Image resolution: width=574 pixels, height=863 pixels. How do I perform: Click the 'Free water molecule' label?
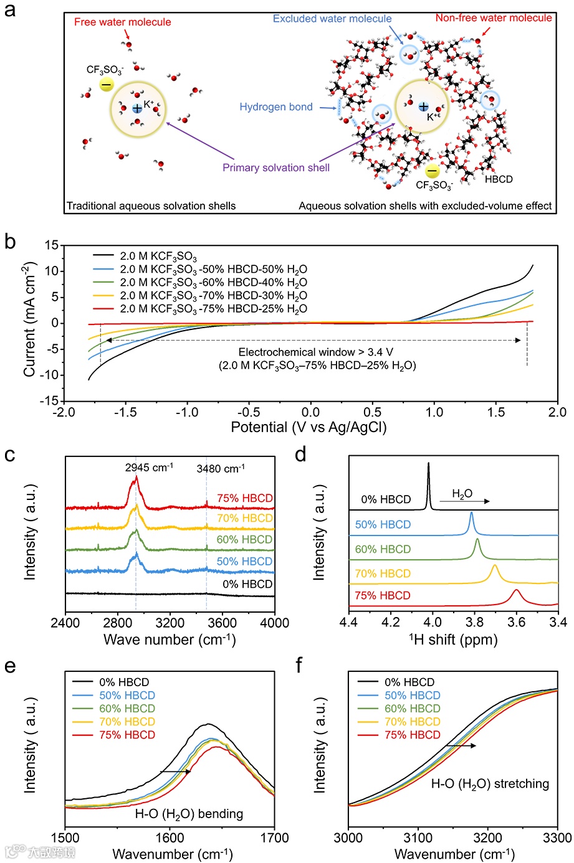click(x=122, y=22)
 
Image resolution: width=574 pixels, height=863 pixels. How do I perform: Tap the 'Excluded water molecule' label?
click(x=332, y=19)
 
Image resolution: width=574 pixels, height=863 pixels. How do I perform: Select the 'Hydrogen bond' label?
click(x=276, y=107)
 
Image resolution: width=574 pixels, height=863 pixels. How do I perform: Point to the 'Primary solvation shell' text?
click(x=276, y=167)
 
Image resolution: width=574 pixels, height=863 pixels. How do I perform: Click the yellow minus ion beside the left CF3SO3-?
click(x=107, y=84)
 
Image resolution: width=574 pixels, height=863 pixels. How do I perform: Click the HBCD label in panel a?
click(x=499, y=179)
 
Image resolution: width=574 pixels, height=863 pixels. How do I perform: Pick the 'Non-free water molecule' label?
click(x=494, y=18)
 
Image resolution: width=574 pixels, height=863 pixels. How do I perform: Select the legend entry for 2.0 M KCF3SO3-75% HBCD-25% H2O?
click(x=213, y=309)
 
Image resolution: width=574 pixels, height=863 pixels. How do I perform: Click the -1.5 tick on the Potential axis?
click(x=125, y=412)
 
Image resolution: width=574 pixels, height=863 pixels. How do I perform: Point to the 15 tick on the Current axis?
click(x=51, y=245)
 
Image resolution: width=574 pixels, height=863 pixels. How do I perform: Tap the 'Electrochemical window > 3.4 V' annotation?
click(x=316, y=352)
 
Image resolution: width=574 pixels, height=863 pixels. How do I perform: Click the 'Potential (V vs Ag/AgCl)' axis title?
click(x=309, y=428)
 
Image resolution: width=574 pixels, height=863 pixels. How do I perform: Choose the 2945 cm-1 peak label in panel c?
click(x=149, y=468)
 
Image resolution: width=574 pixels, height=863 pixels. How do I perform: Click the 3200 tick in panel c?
click(x=170, y=622)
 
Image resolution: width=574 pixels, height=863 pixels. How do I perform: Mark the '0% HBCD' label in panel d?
click(x=386, y=499)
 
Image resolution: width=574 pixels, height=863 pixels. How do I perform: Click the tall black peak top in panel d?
click(x=429, y=464)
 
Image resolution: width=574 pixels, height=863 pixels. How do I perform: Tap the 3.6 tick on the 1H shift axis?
click(x=516, y=622)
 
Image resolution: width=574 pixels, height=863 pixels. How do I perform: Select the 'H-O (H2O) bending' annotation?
click(x=189, y=814)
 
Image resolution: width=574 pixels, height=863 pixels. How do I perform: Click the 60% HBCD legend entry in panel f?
click(x=413, y=709)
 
